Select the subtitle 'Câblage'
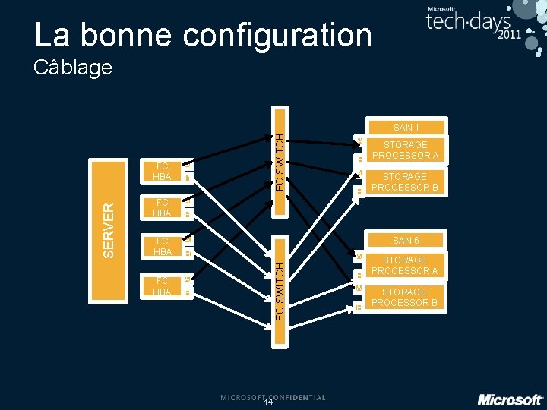(x=73, y=68)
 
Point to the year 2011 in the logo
(x=509, y=35)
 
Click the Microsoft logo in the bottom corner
(x=510, y=399)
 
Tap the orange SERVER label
(x=109, y=227)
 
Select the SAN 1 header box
(x=406, y=128)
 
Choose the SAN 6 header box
(x=406, y=241)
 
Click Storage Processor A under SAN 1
(x=405, y=150)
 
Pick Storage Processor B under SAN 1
(x=405, y=182)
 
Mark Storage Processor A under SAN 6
(x=405, y=266)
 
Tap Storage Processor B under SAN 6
(x=405, y=298)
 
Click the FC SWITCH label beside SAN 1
(x=280, y=162)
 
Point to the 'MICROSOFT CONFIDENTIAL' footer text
(x=273, y=397)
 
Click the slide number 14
(x=268, y=402)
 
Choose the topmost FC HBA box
(x=162, y=172)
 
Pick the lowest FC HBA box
(x=162, y=286)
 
